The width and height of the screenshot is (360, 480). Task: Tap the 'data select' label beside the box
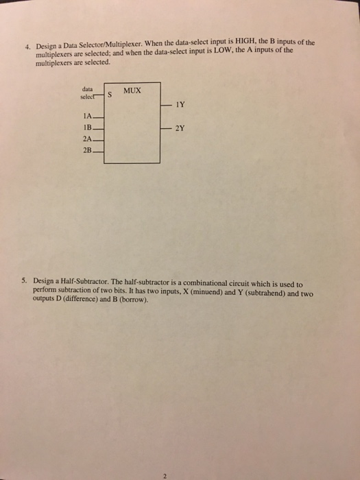[x=89, y=92]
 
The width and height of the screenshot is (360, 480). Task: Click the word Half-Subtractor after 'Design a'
[x=85, y=281]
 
